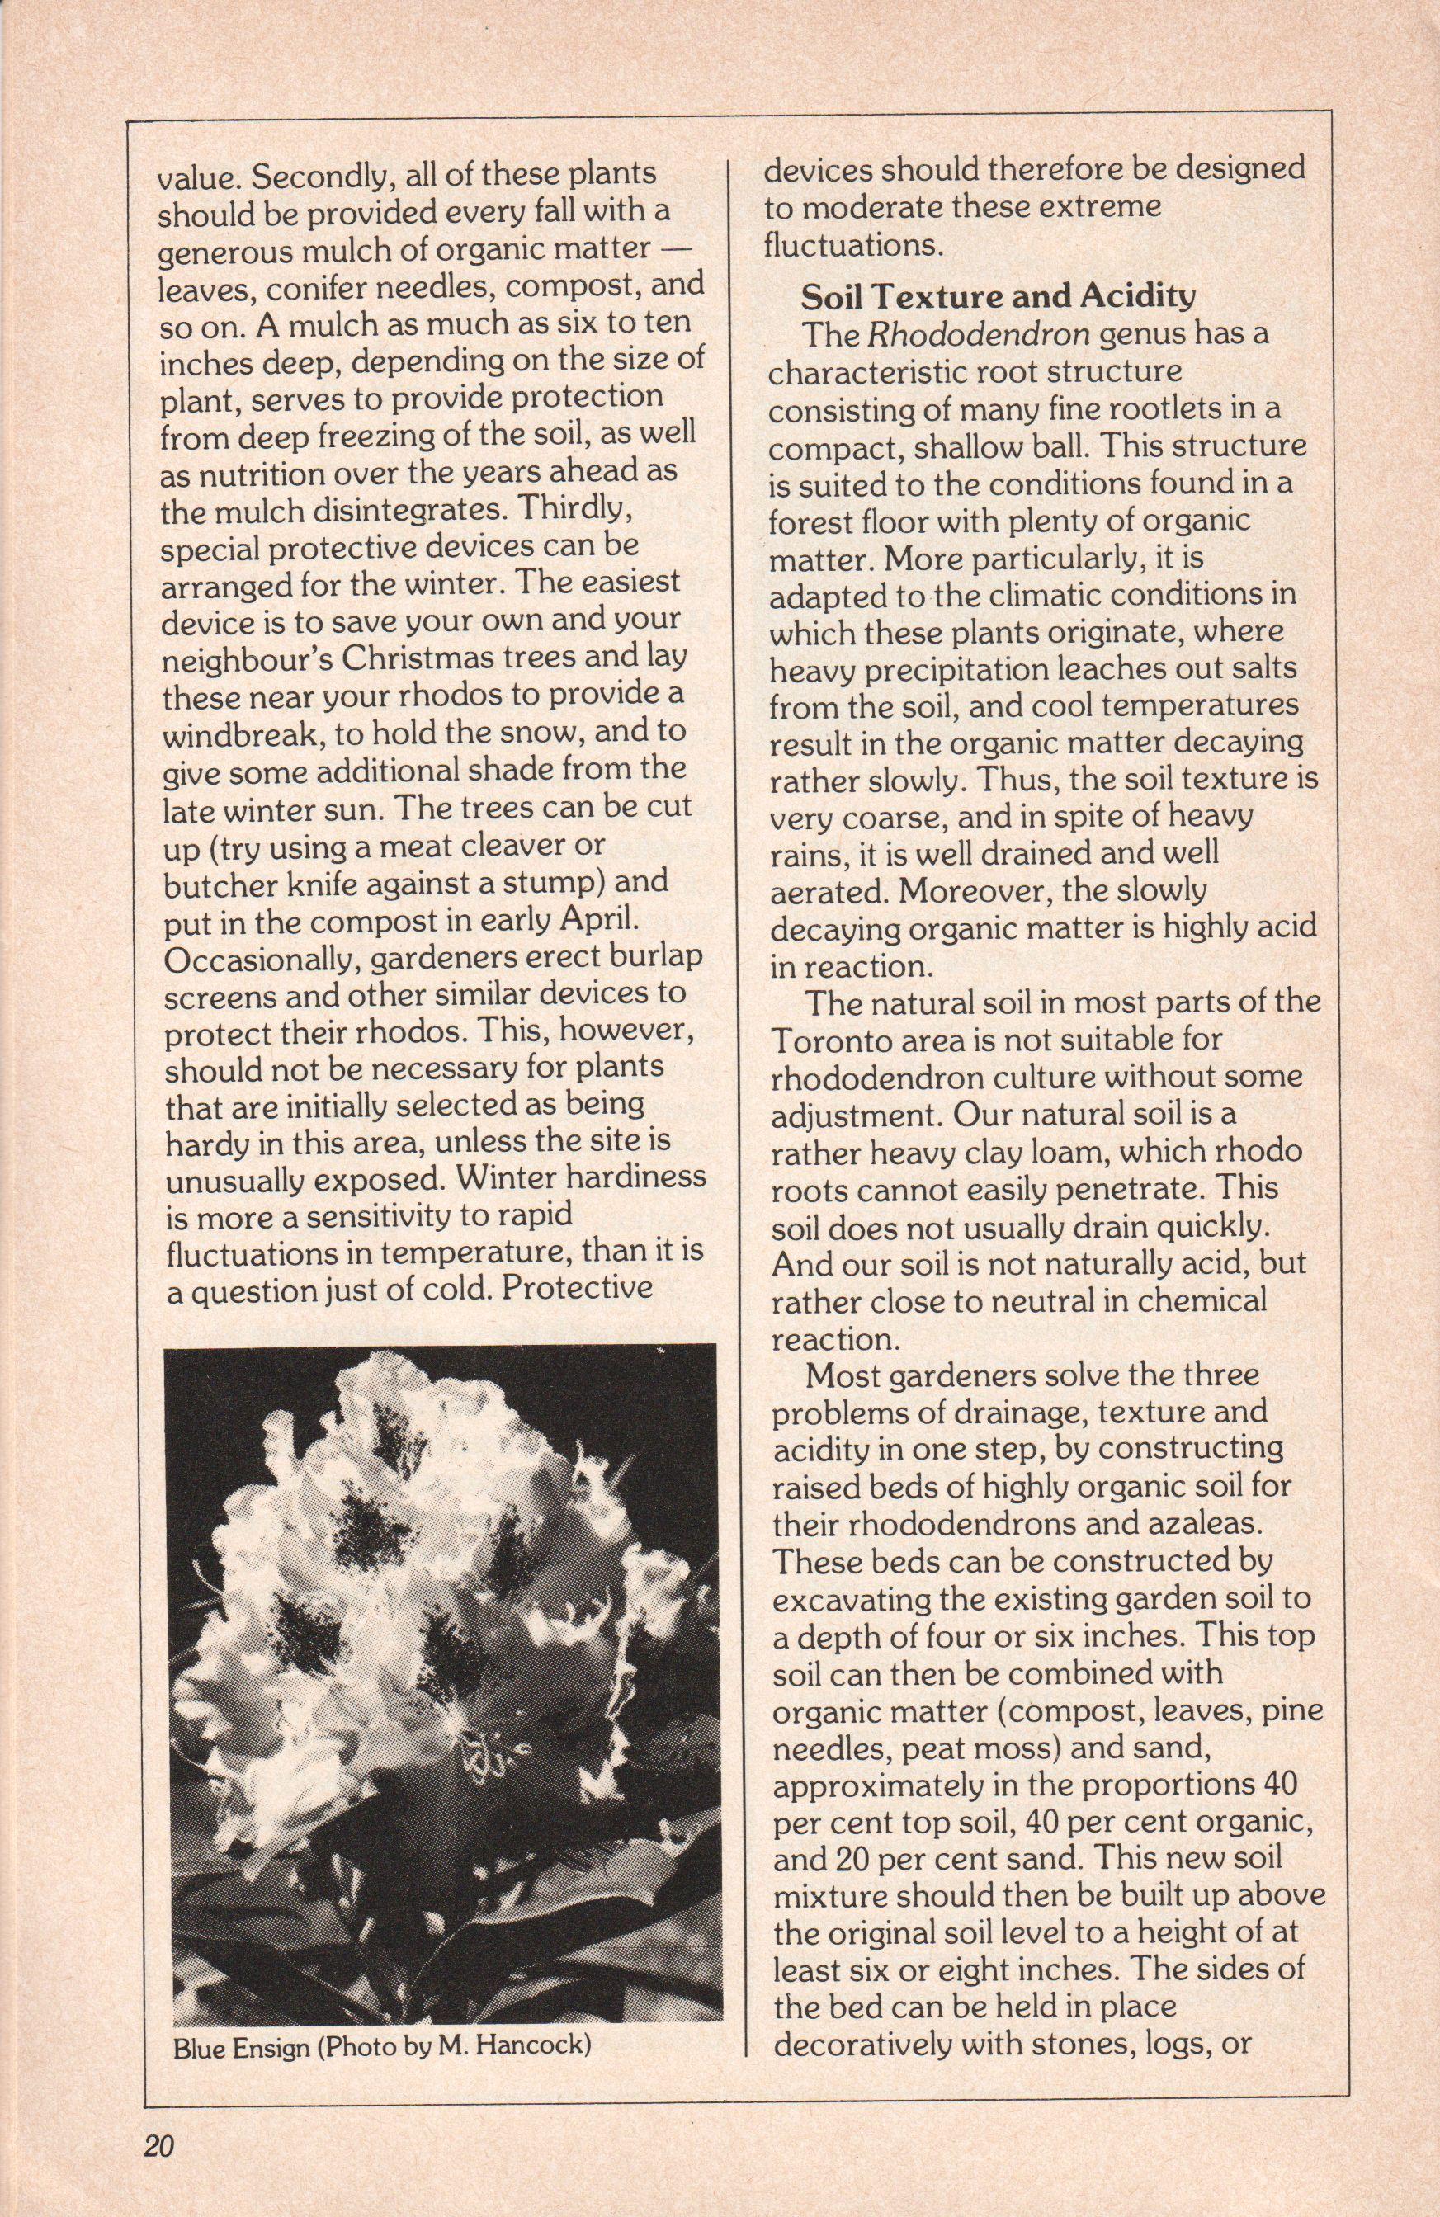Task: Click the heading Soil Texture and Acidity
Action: (997, 296)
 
